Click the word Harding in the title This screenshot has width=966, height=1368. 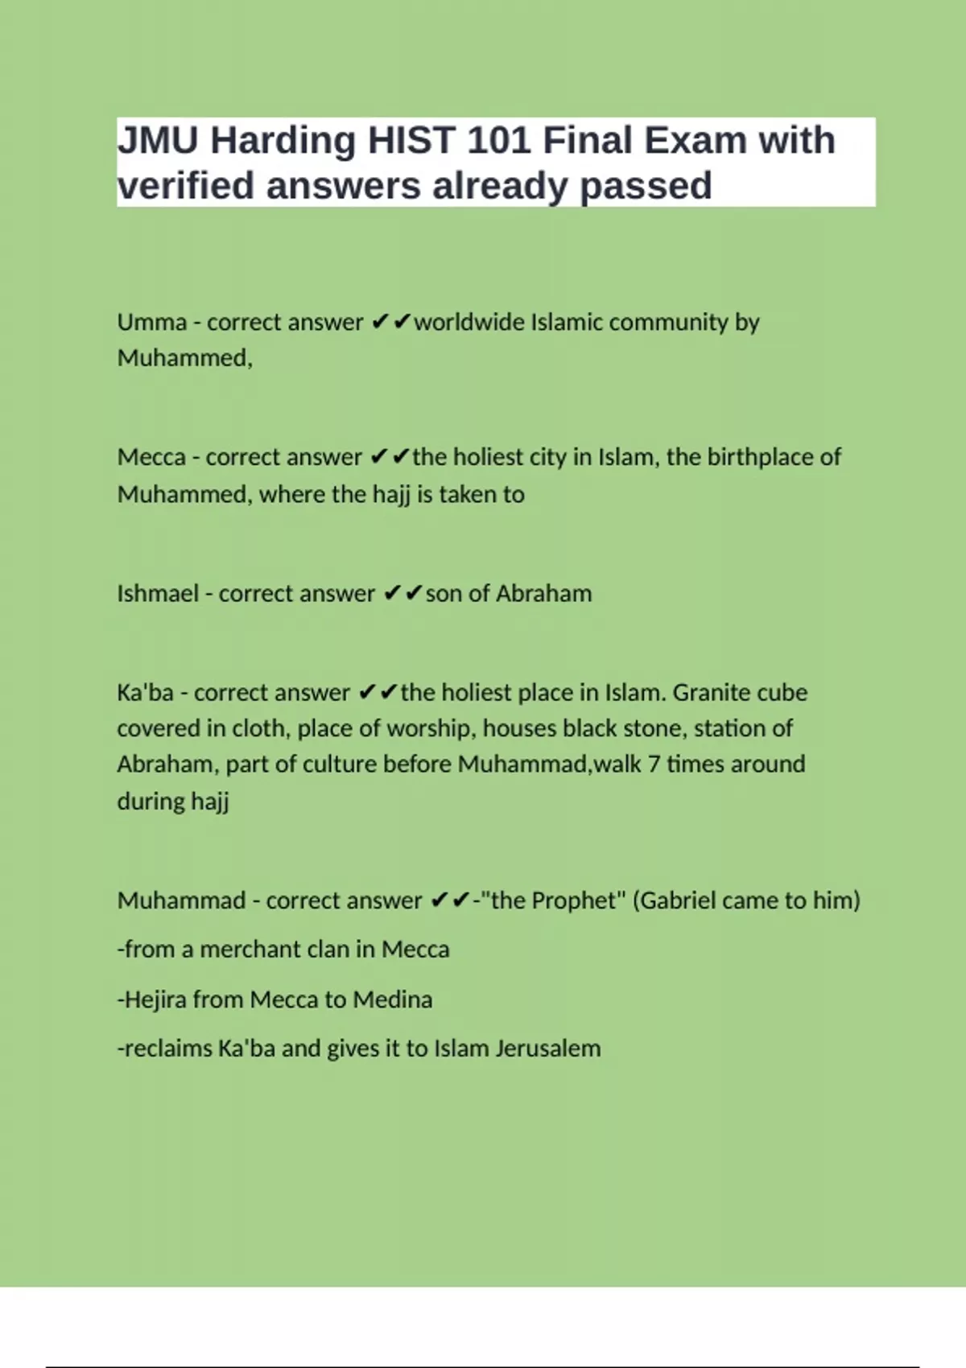[283, 141]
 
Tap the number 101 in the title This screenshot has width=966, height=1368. [498, 141]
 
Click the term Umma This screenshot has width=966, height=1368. [151, 322]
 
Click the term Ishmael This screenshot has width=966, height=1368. [158, 594]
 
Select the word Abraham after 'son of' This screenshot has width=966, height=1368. [543, 594]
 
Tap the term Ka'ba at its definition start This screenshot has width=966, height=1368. [145, 693]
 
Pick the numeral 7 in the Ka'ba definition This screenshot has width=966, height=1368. [654, 764]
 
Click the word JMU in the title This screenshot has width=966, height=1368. [158, 141]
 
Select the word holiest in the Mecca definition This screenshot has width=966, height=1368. [487, 457]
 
